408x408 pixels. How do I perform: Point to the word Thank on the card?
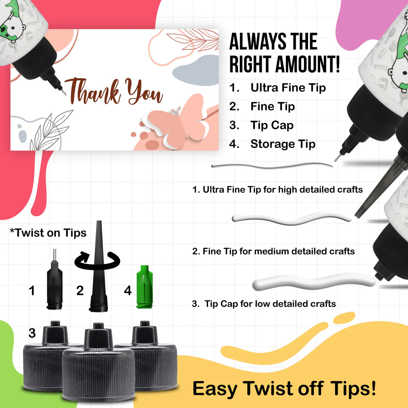coord(92,91)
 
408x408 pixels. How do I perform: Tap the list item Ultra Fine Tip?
coord(288,88)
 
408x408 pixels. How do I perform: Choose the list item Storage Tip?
coord(283,144)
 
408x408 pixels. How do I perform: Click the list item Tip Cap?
coord(272,125)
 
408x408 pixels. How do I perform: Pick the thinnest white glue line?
coord(272,166)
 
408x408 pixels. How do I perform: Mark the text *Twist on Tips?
coord(48,233)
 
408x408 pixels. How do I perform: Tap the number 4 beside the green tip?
coord(128,290)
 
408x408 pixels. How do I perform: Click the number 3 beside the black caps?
coord(32,333)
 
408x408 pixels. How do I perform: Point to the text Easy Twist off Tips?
coord(284,388)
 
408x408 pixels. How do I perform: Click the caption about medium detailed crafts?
coord(273,251)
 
